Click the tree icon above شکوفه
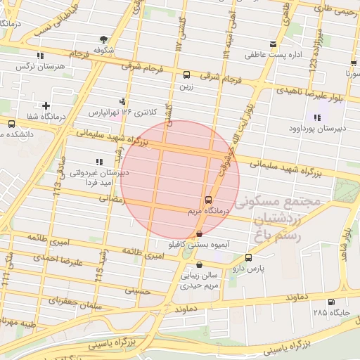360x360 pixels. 104,39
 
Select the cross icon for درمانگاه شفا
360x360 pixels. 46,105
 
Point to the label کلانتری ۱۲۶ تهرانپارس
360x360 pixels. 118,112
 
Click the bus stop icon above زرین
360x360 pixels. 186,75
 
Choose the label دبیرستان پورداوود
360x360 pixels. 315,129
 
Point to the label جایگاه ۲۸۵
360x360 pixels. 330,311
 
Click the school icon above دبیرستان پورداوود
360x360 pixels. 316,117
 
